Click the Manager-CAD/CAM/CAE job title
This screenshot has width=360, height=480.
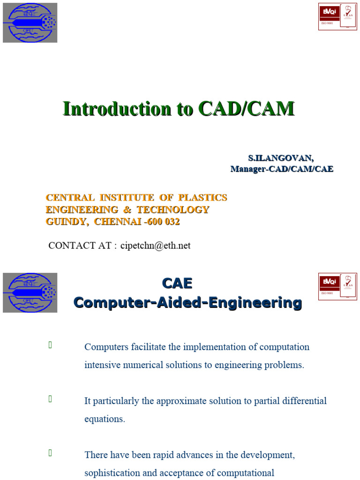tap(282, 169)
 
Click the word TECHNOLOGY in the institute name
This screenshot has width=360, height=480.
tap(173, 210)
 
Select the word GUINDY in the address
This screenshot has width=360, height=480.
tap(66, 222)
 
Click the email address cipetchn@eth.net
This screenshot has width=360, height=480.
tap(155, 246)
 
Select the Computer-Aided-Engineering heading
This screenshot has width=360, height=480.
tap(187, 303)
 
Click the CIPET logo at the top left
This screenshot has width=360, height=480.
tap(30, 22)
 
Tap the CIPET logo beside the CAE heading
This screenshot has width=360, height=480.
tap(30, 292)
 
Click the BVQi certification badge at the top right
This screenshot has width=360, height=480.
tap(337, 17)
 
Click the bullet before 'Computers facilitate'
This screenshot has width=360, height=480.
tap(50, 345)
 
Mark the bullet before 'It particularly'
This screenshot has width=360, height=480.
tap(50, 399)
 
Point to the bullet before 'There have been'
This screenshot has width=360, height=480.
tap(50, 453)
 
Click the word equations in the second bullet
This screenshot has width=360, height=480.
tap(105, 419)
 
